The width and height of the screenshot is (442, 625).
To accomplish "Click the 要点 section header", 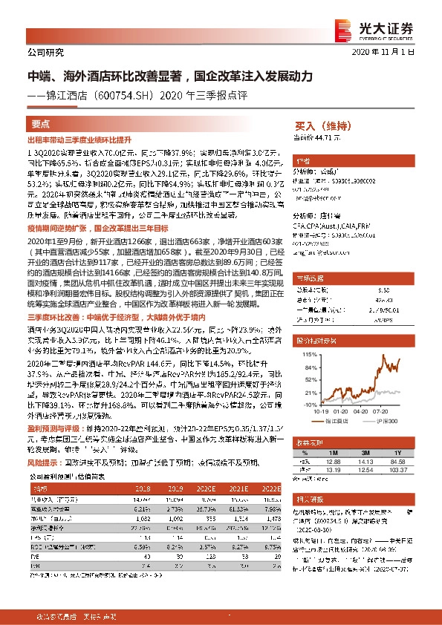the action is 41,124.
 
